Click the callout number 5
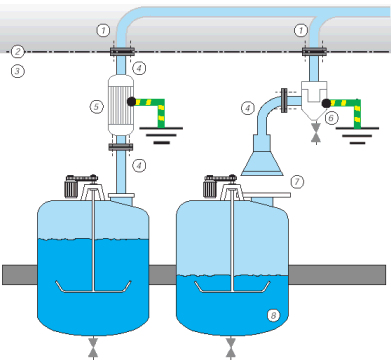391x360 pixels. (96, 107)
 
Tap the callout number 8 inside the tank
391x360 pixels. (273, 315)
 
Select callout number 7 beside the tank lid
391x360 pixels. (297, 182)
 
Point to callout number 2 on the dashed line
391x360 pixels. (17, 52)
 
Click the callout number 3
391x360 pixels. (17, 71)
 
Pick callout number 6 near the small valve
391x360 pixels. (331, 118)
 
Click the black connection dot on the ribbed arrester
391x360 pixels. (131, 101)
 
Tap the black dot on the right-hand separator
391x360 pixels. (326, 104)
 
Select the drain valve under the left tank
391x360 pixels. (93, 348)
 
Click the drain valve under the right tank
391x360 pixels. (230, 348)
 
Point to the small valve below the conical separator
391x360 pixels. (316, 133)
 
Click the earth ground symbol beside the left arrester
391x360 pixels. (161, 135)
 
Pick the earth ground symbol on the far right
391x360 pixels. (357, 135)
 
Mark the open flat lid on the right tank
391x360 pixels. (266, 195)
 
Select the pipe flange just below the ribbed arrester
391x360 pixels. (121, 147)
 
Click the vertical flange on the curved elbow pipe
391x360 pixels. (284, 100)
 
